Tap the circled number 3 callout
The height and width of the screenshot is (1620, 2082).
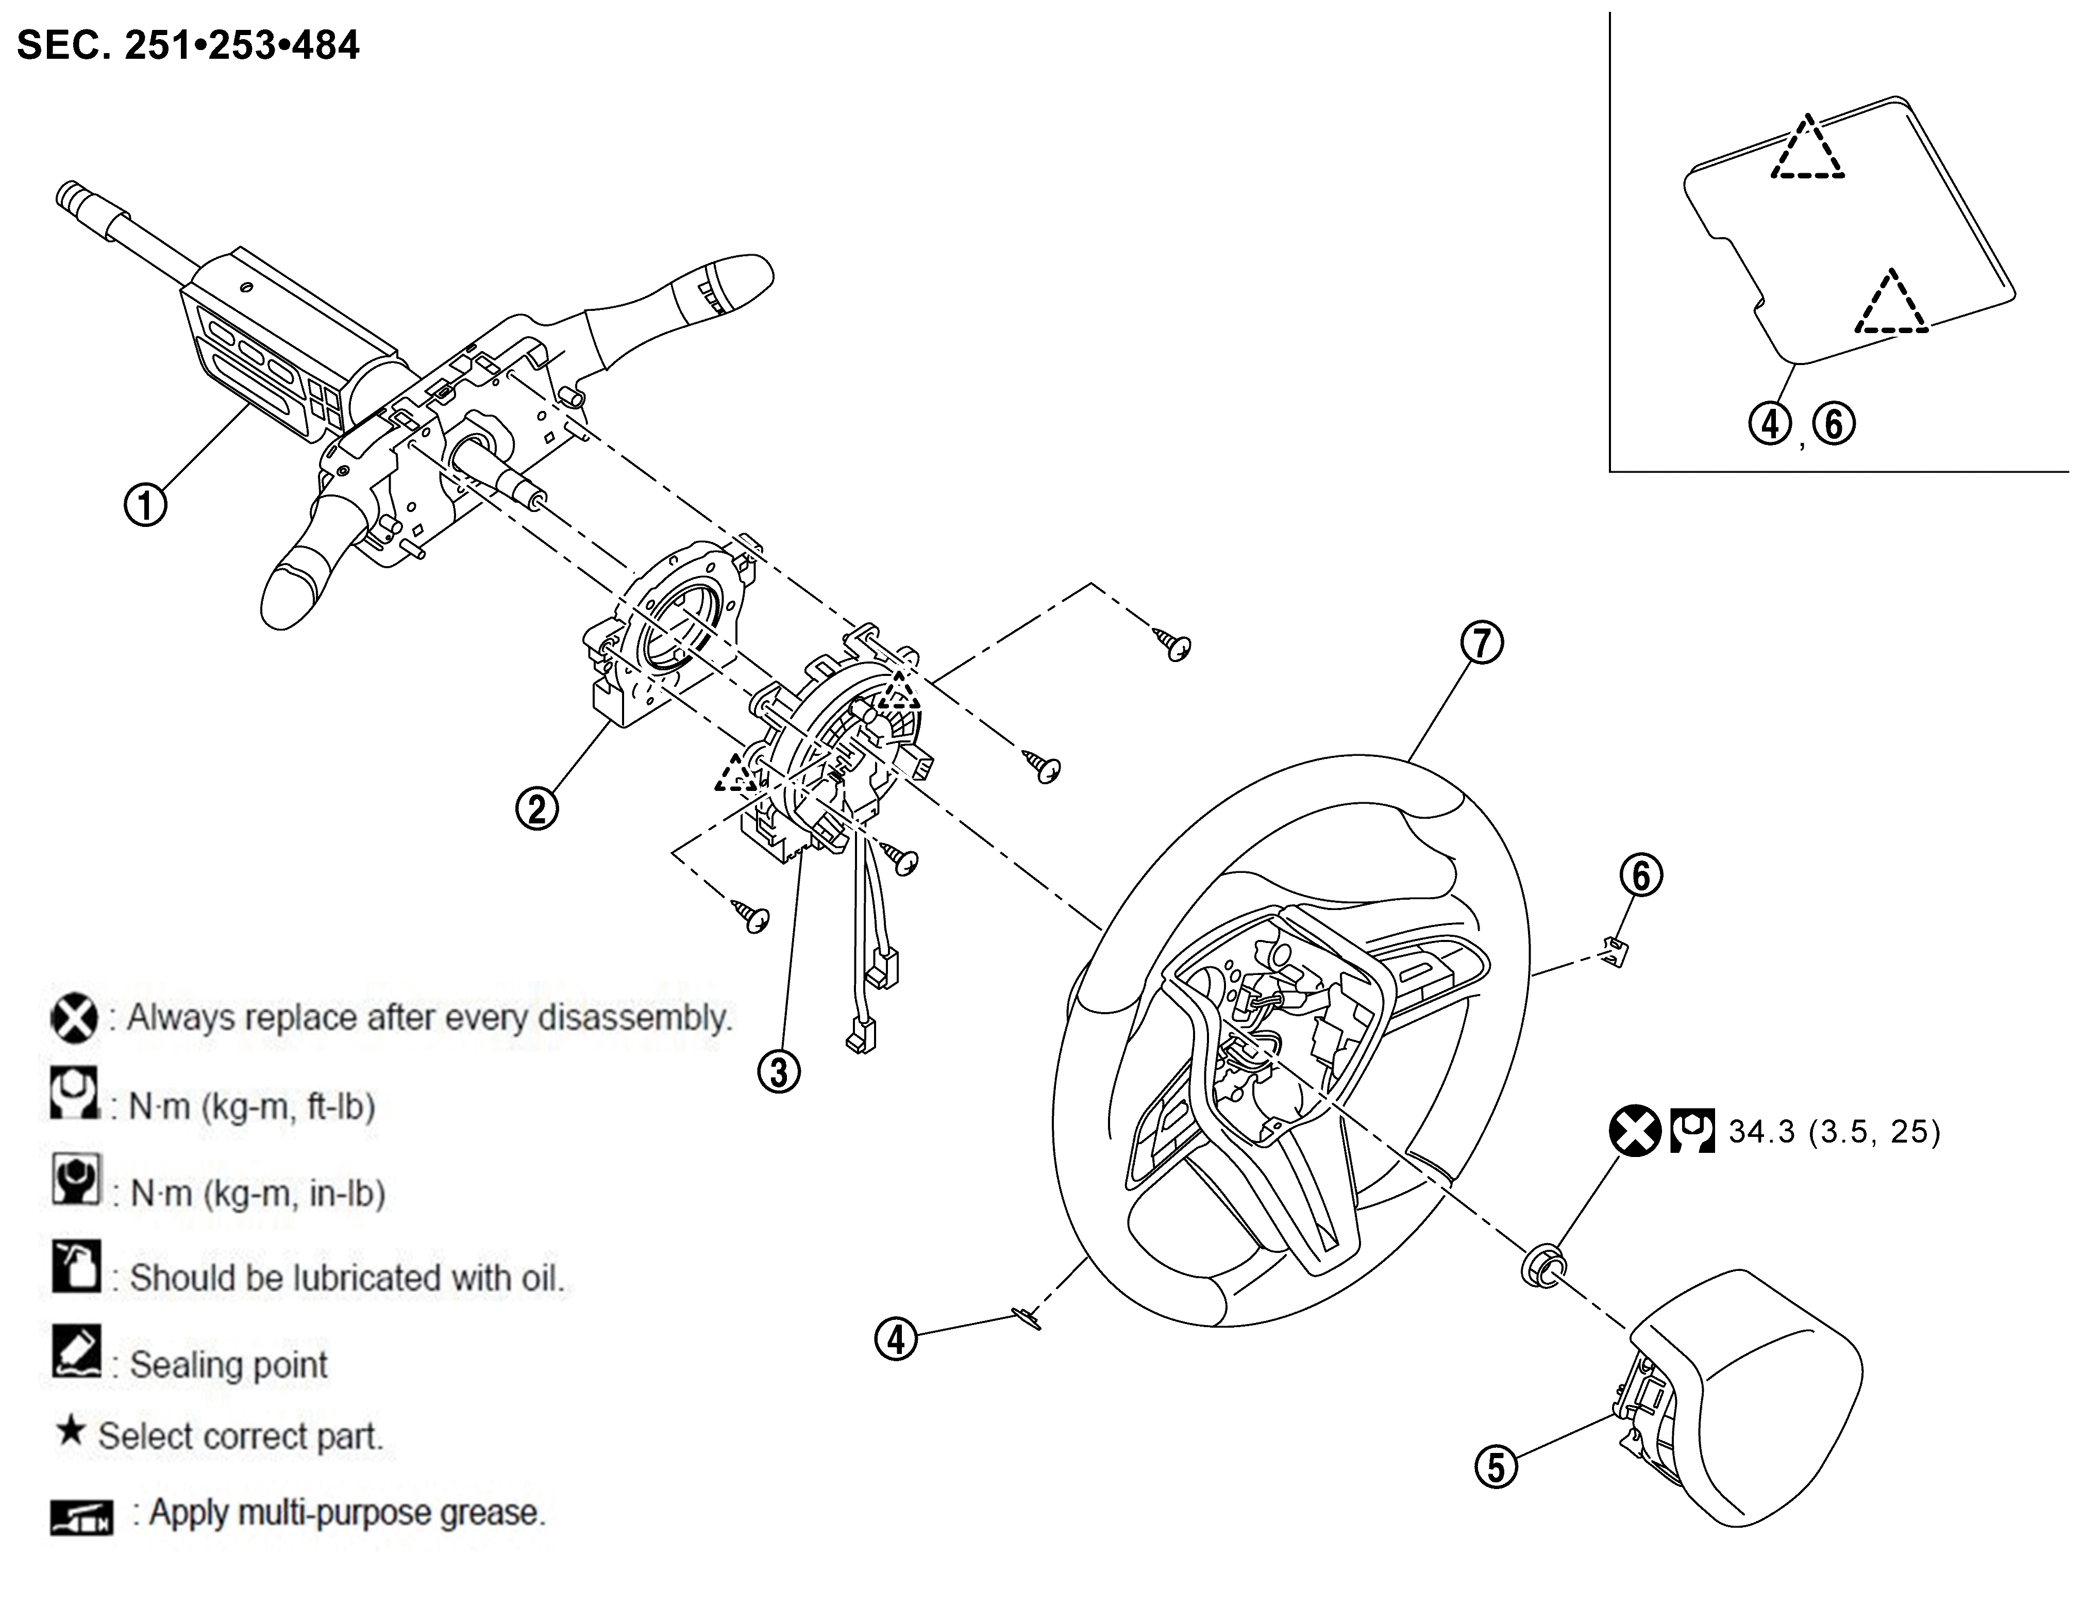coord(779,1072)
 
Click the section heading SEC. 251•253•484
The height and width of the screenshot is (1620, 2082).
coord(188,45)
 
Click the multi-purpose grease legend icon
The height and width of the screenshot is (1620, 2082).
coord(81,1515)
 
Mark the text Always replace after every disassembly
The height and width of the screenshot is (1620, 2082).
coord(429,1017)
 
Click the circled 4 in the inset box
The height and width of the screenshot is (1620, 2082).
coord(1770,423)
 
